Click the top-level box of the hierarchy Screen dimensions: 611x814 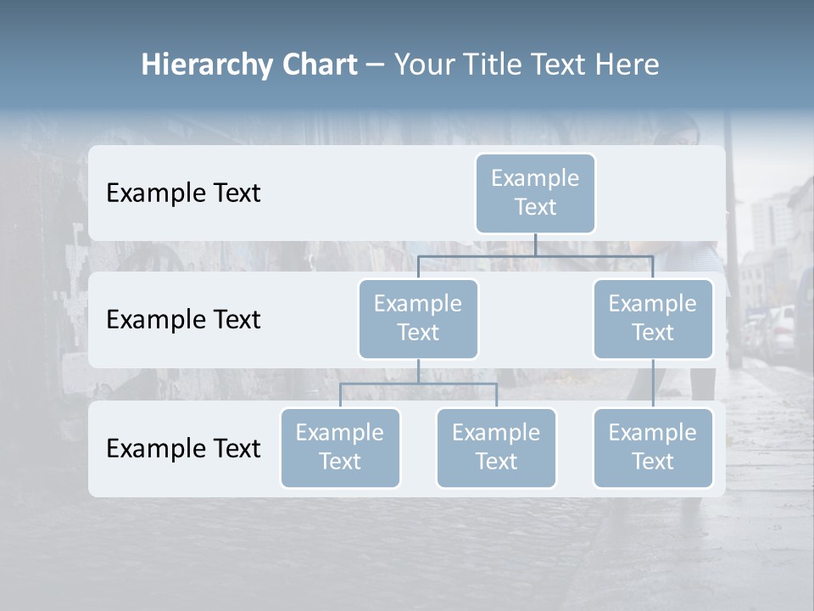pos(535,193)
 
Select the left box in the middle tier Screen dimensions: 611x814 pos(418,318)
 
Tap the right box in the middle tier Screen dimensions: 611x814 pos(653,318)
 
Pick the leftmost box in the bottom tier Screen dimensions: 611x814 pos(340,447)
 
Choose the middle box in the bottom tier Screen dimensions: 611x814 pos(496,447)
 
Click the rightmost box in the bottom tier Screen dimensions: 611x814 pos(653,447)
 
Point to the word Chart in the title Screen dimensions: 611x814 pos(318,64)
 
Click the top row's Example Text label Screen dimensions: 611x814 pos(183,193)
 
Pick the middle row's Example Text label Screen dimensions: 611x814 pos(183,320)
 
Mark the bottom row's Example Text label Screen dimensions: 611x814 pos(183,449)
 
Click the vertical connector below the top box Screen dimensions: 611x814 pos(535,244)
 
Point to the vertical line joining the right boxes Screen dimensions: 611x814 pos(653,384)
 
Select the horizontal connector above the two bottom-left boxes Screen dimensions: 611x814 pos(418,384)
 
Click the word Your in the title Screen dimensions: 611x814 pos(423,64)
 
